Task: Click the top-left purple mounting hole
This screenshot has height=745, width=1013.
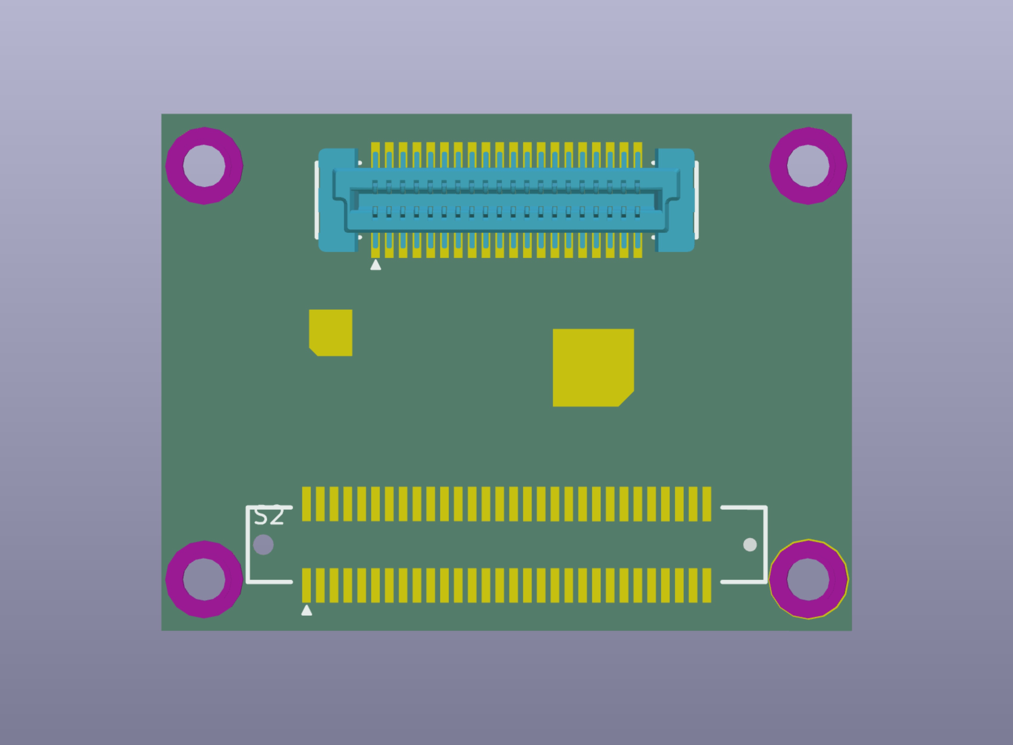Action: (204, 166)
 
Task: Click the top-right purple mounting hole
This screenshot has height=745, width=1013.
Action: (808, 166)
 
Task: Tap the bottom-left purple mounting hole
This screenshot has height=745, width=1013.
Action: (204, 580)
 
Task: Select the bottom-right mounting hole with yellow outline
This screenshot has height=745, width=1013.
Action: (808, 580)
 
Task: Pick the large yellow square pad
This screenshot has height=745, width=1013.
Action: (593, 367)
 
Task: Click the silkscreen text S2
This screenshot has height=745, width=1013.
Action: (269, 516)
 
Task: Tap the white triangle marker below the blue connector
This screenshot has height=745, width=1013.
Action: (375, 265)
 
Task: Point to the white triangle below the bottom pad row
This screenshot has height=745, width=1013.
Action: (307, 611)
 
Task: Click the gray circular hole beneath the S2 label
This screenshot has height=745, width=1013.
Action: (263, 545)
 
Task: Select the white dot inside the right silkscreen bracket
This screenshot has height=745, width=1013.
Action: (750, 545)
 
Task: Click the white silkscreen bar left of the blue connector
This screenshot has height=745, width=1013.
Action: (316, 200)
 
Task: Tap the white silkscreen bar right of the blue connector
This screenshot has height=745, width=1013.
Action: (697, 200)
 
